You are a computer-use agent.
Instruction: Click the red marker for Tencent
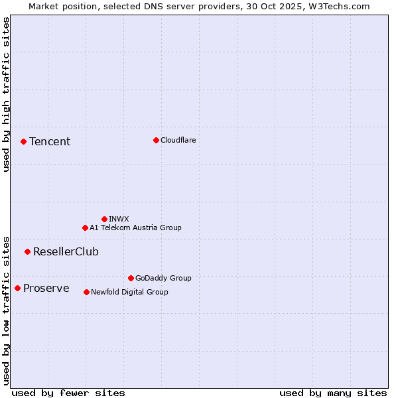tap(23, 141)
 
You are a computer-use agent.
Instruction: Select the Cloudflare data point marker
tap(156, 140)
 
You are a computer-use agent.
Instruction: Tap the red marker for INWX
tap(104, 219)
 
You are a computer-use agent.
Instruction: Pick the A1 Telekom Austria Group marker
tap(85, 228)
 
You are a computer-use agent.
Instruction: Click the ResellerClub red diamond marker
tap(27, 251)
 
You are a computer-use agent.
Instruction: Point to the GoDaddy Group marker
tap(131, 278)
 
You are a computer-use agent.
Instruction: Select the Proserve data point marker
tap(17, 288)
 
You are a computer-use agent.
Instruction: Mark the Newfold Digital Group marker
tap(86, 292)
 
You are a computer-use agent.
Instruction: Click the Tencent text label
tap(50, 141)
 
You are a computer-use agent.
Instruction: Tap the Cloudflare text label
tap(178, 140)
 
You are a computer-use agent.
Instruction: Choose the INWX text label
tap(119, 219)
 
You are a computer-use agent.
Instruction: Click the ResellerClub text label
tap(66, 251)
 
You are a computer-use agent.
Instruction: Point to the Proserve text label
tap(46, 288)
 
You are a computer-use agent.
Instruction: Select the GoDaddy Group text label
tap(163, 278)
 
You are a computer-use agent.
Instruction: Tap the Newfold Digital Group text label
tap(129, 292)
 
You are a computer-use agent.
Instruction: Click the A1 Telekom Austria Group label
tap(135, 228)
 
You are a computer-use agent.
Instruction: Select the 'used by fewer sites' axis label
tap(68, 393)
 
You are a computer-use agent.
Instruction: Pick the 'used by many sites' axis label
tap(333, 393)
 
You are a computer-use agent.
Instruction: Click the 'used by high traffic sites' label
tap(6, 94)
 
